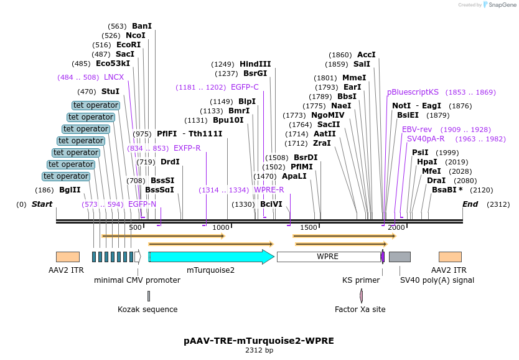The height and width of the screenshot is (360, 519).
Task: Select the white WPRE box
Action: click(x=328, y=257)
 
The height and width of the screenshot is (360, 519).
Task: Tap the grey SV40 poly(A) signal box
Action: click(x=400, y=257)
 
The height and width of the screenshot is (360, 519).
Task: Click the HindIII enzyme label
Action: click(x=255, y=64)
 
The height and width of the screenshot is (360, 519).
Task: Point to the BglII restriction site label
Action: click(x=70, y=190)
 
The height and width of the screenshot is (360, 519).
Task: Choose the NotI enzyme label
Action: click(x=401, y=106)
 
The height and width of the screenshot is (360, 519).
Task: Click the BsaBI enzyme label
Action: click(x=444, y=190)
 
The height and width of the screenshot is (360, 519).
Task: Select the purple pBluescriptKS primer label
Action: click(x=413, y=92)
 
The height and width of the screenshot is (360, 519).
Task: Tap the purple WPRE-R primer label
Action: click(x=269, y=190)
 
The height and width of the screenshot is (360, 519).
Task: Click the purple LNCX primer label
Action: click(x=114, y=77)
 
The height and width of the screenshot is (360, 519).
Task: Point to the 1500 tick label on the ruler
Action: click(x=309, y=228)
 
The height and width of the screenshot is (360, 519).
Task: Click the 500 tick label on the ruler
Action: click(x=135, y=228)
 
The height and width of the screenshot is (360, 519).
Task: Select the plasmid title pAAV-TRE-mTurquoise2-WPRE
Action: click(x=259, y=341)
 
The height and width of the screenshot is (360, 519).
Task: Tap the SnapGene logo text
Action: click(x=502, y=5)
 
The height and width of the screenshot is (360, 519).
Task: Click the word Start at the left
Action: click(x=42, y=204)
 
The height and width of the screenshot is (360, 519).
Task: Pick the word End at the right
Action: click(x=470, y=204)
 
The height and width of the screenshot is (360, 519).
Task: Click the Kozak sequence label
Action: click(x=147, y=310)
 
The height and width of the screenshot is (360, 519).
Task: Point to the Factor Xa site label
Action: click(x=360, y=310)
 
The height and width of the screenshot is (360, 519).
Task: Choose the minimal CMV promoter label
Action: click(x=137, y=280)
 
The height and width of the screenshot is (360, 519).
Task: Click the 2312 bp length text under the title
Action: click(x=259, y=351)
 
